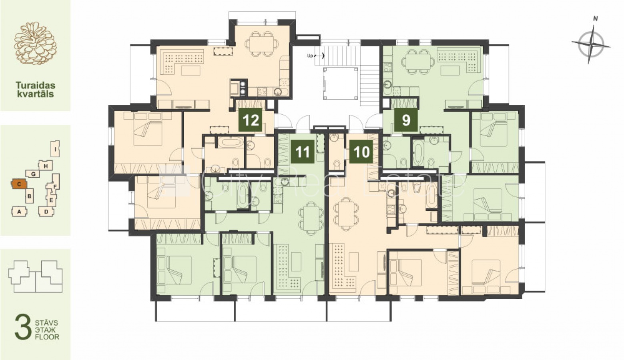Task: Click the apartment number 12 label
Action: click(250, 120)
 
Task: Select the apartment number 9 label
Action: click(406, 120)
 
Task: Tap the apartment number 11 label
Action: click(303, 152)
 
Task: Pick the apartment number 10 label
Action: click(361, 152)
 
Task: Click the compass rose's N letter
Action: click(595, 19)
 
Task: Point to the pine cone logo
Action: click(35, 43)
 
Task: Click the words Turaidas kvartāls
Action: click(35, 89)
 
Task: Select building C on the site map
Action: click(19, 184)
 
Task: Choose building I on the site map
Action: click(56, 149)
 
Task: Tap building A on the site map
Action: click(19, 212)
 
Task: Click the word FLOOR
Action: click(47, 337)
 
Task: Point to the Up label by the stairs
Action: click(310, 56)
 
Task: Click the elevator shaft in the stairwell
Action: click(340, 83)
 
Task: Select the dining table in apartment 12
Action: click(262, 44)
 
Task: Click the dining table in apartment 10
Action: click(346, 214)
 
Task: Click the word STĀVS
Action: click(46, 323)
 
